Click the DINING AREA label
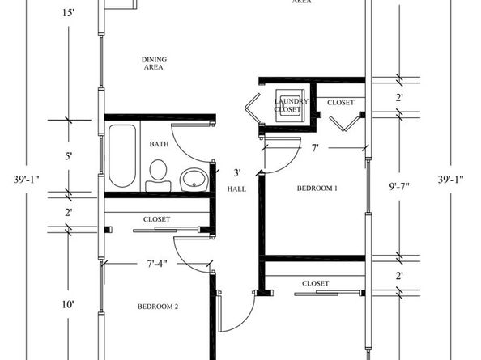153,64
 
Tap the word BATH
159,144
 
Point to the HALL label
236,188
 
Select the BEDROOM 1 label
317,188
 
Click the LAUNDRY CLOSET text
287,104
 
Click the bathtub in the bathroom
123,155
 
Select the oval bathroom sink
194,178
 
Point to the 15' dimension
68,13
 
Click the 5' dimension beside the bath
69,155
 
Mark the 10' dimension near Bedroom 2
69,304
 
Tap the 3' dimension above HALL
237,172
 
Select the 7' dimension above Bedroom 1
315,148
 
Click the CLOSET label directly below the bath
156,219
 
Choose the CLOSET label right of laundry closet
340,103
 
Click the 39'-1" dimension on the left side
19,179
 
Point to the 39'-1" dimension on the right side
451,179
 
